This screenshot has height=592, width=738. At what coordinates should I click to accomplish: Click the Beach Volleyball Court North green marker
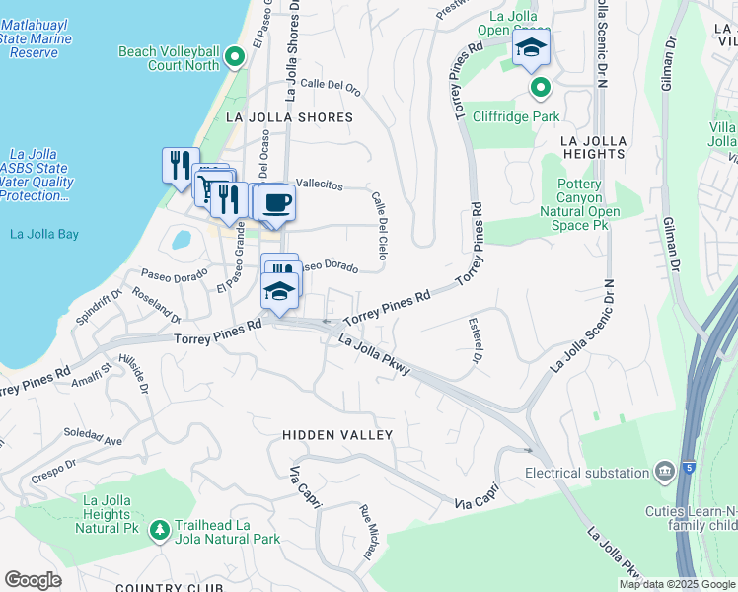pos(235,57)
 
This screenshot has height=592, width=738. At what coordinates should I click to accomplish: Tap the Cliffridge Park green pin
pos(540,90)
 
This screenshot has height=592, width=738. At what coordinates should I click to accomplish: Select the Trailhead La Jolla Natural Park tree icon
pos(159,532)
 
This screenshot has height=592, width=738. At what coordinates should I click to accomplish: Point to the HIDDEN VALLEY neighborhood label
pos(337,435)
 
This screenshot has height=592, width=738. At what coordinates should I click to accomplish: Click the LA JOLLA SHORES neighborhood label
pos(289,117)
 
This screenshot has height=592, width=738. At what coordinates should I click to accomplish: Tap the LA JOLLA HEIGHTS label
pos(593,147)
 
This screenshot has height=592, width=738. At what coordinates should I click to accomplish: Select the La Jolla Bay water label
pos(43,234)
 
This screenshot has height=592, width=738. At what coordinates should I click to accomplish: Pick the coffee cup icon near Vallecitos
pos(277,201)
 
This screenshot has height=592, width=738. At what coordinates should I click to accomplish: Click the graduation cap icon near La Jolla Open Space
pos(531,47)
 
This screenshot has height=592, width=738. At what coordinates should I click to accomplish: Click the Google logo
pos(33,580)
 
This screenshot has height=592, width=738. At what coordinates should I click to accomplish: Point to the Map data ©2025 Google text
pos(677,584)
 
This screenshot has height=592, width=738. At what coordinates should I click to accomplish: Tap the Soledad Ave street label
pos(92,436)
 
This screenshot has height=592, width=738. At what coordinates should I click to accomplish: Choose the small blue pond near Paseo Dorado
pos(182,239)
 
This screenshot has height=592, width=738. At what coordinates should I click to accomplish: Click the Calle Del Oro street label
pos(331,86)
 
